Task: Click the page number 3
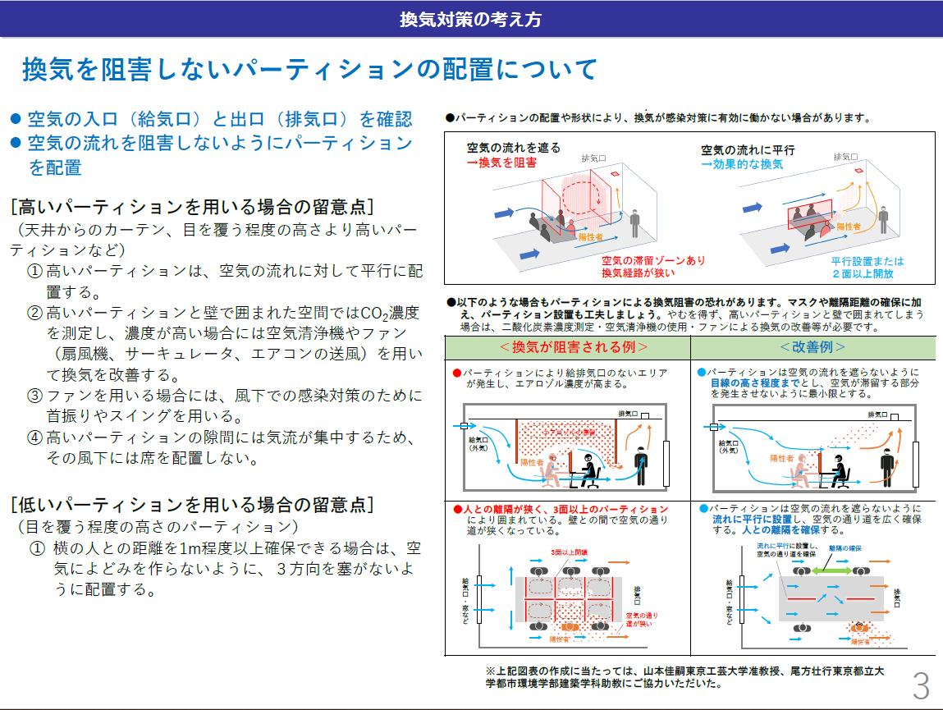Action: click(921, 685)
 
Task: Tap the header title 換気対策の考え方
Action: click(470, 18)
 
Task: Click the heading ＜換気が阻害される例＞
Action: click(566, 347)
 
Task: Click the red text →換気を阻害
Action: click(501, 163)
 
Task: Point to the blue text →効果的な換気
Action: click(742, 164)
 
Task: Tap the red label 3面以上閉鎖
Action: click(570, 552)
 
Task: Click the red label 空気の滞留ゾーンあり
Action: click(653, 260)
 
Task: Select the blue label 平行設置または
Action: click(867, 261)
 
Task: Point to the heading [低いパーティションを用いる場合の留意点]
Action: click(192, 504)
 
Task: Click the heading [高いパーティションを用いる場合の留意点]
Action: click(192, 204)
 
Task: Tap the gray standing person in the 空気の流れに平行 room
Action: click(882, 218)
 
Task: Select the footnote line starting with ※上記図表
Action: click(684, 676)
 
